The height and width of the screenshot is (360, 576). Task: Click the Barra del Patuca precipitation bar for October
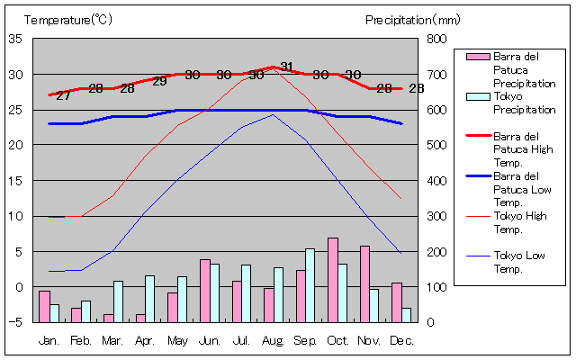tap(333, 279)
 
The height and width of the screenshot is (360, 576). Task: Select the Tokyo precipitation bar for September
tap(310, 284)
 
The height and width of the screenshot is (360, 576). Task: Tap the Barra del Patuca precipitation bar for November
tap(364, 283)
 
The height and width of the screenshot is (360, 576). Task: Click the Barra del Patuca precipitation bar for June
tap(204, 290)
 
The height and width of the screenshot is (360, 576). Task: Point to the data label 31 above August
tap(286, 67)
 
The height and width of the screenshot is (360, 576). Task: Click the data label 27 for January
tap(63, 95)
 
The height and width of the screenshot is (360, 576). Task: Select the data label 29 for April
tap(159, 81)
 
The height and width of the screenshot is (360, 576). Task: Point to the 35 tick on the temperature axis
tap(15, 39)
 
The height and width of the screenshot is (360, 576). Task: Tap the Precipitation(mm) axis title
tap(413, 19)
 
